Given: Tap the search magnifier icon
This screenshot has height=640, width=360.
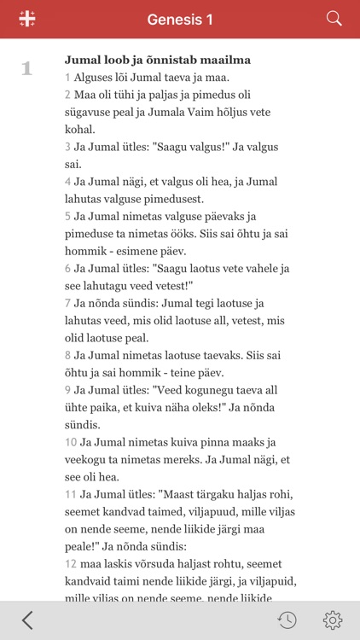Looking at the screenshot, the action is [x=334, y=19].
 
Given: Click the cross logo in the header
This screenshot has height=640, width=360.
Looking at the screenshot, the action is [x=26, y=19].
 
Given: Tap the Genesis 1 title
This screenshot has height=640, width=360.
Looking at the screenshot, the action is [x=180, y=19].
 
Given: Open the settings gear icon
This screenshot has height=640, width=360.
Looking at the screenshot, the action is [x=333, y=620].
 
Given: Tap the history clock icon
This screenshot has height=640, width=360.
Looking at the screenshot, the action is [x=287, y=620].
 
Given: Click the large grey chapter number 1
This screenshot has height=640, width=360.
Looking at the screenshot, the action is [x=26, y=69].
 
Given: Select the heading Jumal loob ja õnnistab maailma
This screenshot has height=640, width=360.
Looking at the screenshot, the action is [x=157, y=61].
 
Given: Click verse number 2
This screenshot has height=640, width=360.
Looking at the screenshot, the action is [x=67, y=95].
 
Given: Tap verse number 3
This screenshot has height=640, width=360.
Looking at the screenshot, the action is [x=67, y=147].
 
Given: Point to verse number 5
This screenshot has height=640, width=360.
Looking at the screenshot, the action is [x=67, y=216].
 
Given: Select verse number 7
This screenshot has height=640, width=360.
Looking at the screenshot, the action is [x=67, y=303].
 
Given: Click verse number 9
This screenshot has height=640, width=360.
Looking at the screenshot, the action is [x=67, y=390].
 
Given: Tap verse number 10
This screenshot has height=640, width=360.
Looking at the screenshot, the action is [x=71, y=442].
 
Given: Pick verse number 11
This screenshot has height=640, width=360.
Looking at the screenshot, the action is [x=71, y=495].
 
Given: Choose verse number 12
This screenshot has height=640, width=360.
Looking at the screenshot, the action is [x=71, y=564].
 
